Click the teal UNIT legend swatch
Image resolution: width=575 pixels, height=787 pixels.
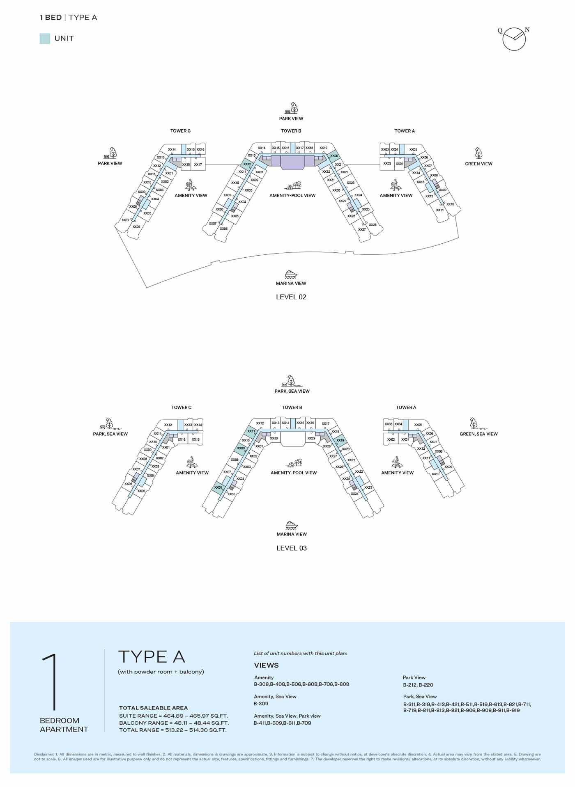(45, 39)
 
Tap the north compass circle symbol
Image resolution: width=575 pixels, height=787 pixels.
(514, 39)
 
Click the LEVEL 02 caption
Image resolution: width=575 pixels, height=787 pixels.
(291, 297)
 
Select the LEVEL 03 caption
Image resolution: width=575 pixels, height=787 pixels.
(291, 548)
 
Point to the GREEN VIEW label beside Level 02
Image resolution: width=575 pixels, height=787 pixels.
(478, 164)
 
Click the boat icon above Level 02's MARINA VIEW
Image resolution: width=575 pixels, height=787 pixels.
(291, 274)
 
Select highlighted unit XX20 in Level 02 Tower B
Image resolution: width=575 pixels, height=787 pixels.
(334, 156)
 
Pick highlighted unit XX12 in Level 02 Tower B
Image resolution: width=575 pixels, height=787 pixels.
(247, 164)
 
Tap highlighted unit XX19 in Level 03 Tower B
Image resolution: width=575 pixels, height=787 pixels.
(340, 440)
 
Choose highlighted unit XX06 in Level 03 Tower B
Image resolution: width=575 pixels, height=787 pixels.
(218, 488)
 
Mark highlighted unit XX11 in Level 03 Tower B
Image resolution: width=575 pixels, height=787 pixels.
(251, 431)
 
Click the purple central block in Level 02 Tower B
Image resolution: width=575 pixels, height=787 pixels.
(292, 162)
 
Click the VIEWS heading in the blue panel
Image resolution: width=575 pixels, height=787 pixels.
(266, 665)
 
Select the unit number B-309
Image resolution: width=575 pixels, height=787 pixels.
(261, 703)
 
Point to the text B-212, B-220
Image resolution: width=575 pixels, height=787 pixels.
(418, 685)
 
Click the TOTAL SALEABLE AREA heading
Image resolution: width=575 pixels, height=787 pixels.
(153, 708)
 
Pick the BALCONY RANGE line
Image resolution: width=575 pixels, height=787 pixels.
(174, 723)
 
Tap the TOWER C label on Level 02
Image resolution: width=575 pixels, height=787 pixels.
(180, 131)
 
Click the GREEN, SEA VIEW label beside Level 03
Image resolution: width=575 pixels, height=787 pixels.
(478, 434)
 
